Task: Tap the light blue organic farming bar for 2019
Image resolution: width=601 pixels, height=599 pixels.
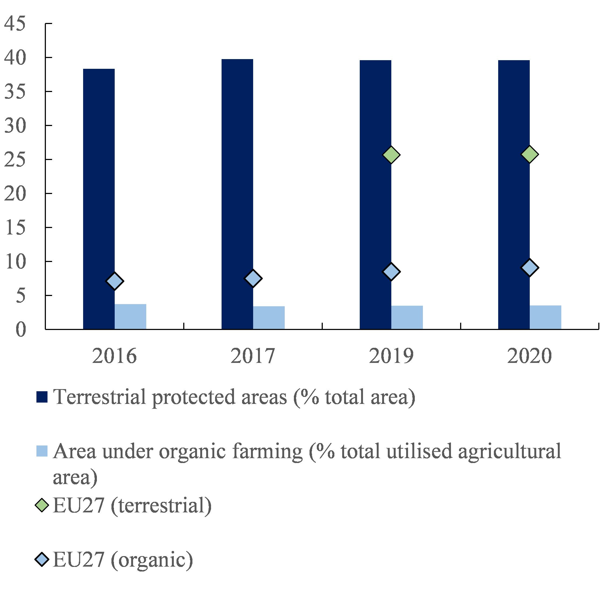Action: [407, 317]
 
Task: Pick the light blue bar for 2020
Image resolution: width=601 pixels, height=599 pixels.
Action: [545, 317]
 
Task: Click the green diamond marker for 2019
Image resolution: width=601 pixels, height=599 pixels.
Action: [391, 155]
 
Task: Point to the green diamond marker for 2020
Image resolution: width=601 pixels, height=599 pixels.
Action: [529, 154]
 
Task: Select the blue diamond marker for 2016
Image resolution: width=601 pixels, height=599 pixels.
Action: [114, 281]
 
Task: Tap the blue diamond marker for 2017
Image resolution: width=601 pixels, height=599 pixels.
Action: [253, 278]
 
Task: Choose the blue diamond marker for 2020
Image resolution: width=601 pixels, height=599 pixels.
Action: [529, 267]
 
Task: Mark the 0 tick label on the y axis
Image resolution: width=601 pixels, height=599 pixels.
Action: [21, 329]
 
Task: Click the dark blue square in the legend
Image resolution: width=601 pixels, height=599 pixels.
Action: [42, 397]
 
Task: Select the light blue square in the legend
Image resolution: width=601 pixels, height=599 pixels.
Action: [42, 451]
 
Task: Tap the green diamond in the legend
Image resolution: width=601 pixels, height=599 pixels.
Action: [42, 505]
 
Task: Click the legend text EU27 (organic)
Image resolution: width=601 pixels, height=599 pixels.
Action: [123, 560]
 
